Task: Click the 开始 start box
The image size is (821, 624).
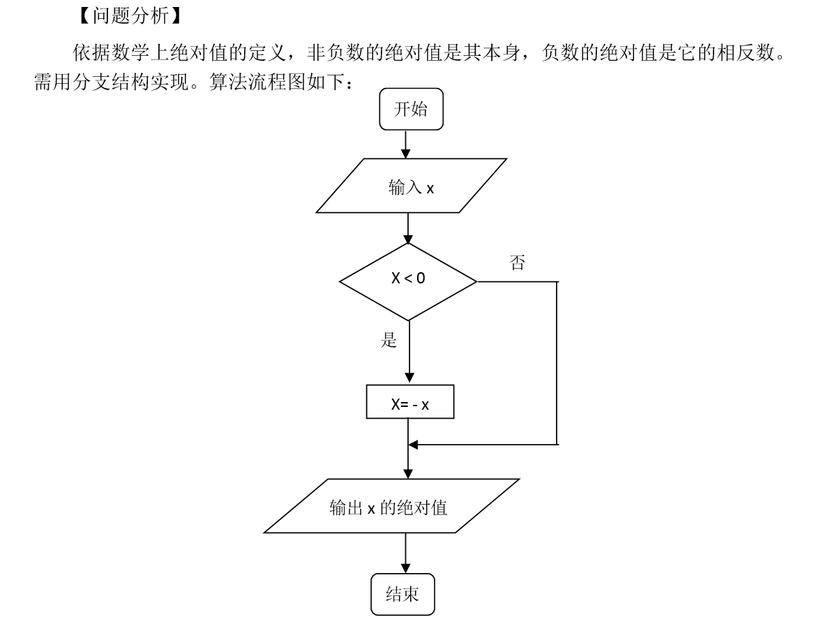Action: point(411,109)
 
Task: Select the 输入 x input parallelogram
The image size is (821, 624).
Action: point(411,186)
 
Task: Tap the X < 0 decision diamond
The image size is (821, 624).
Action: point(408,281)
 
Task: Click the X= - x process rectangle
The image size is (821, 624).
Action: point(410,402)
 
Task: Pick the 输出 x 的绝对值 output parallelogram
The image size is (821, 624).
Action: point(391,505)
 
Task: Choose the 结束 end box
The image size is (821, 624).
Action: point(402,594)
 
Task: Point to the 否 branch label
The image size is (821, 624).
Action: point(518,262)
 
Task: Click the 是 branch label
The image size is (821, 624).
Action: point(389,340)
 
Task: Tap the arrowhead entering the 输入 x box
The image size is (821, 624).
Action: point(405,153)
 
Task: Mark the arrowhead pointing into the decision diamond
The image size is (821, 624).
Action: point(408,239)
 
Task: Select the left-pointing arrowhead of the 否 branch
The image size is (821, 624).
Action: point(413,445)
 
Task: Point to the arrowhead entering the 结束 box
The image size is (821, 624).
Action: point(405,568)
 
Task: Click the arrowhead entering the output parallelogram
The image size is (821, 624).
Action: point(408,474)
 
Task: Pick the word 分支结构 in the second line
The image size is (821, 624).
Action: point(111,82)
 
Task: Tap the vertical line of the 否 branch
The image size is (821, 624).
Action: point(557,363)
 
